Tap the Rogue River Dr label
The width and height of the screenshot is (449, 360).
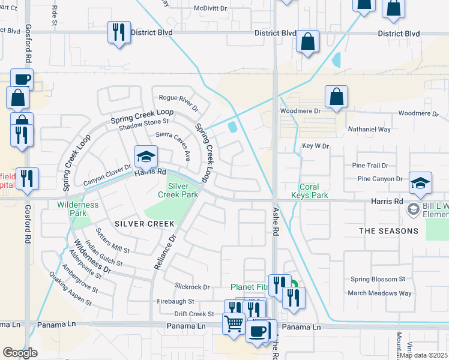point(178,101)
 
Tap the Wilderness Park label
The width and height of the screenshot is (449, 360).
point(77,209)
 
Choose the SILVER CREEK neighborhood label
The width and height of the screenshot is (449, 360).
point(144,224)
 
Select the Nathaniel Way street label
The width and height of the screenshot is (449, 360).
point(369,129)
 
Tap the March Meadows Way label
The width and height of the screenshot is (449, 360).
point(381,293)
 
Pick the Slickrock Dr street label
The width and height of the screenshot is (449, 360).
point(192,287)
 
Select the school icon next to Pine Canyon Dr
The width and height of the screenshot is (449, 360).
point(420,183)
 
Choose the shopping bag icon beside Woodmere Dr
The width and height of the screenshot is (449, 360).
point(337,97)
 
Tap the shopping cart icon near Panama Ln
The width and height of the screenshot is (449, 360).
point(234,324)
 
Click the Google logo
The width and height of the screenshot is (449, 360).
point(20,353)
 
